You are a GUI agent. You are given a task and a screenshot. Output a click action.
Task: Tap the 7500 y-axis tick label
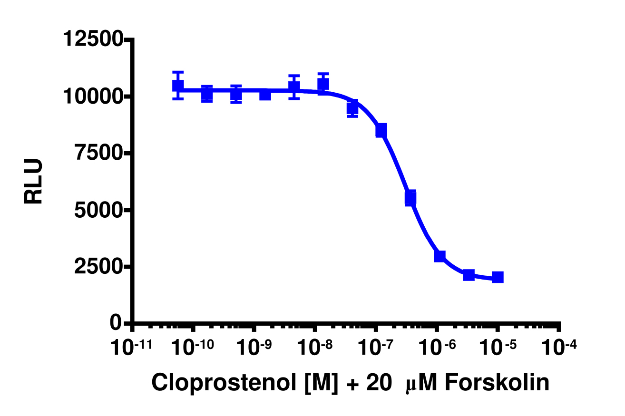(98, 153)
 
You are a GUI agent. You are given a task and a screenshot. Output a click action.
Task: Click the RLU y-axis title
(34, 182)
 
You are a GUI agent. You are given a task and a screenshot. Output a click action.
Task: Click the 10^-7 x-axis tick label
(375, 348)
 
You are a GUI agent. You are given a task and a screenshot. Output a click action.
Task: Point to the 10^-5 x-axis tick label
(498, 348)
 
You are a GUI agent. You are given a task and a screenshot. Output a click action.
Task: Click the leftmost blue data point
(178, 86)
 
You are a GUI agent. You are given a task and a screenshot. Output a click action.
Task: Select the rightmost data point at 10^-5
(498, 277)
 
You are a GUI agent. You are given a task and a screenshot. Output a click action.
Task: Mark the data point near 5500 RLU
(410, 197)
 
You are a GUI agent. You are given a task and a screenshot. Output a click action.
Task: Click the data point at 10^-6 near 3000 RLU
(439, 256)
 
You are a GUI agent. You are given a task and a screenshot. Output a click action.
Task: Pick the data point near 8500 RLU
(381, 130)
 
